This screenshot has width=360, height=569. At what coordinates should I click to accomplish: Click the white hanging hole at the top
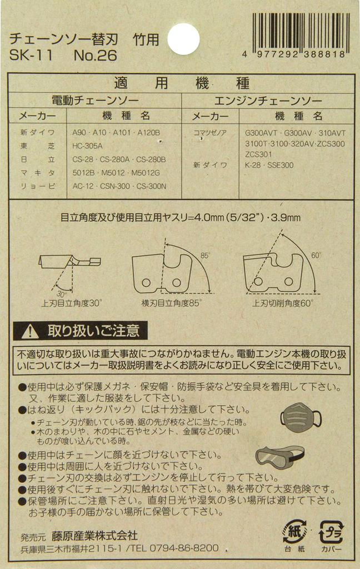point(184,39)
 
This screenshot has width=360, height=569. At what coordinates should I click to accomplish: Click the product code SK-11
point(31,56)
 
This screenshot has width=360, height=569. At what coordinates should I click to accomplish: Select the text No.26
point(96,56)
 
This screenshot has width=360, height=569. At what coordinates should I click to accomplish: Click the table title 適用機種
point(182,83)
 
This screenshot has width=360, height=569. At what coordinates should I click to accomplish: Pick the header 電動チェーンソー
point(96,101)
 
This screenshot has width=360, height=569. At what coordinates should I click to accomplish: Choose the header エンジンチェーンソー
point(268,101)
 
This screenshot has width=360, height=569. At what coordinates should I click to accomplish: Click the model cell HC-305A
point(87,146)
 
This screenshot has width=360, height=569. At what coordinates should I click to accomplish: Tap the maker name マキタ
point(37,173)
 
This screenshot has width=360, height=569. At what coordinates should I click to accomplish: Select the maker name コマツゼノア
point(210,133)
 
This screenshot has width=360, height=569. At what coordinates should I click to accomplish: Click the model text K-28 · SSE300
point(269,165)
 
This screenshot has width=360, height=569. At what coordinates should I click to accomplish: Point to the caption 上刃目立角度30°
point(72,303)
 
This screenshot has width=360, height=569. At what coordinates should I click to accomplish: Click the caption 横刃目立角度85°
point(171,303)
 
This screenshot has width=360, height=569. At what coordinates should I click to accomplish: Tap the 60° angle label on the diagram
point(316,256)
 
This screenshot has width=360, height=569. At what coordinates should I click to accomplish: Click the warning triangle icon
point(30,331)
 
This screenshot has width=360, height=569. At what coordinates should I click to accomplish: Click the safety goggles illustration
point(280,457)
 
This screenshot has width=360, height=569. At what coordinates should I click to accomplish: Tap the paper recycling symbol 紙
point(294,532)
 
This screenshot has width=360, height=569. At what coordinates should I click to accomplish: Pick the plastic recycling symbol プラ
point(331,532)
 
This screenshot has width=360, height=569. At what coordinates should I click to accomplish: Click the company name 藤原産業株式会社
point(94,536)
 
